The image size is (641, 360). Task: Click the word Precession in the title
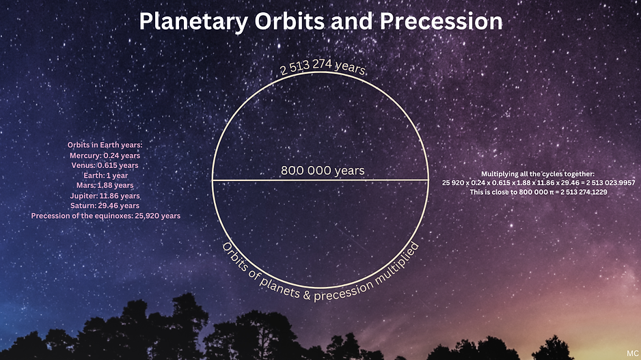point(441,21)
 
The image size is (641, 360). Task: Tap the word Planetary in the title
point(193,22)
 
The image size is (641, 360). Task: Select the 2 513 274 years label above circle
point(323,67)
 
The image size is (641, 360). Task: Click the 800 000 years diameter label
point(323,170)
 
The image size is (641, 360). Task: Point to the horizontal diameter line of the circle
point(320,180)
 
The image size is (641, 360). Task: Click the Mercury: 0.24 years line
point(105,155)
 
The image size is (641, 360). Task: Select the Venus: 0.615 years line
point(105,165)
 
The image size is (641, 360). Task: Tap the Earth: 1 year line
point(105,176)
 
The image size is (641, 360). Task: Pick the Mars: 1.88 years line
point(105,185)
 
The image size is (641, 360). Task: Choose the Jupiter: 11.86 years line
point(105,196)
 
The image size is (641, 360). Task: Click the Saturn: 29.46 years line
point(105,206)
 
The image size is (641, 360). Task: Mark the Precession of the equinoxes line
point(105,216)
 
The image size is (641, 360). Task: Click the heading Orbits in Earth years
point(105,145)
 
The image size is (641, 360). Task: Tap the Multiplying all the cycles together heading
point(538,174)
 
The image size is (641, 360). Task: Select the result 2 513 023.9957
point(611,182)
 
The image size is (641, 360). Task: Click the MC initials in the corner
point(632,353)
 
